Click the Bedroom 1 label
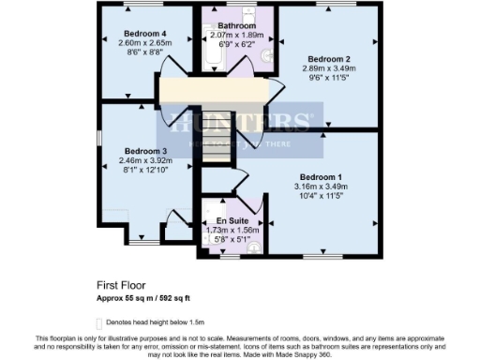321,177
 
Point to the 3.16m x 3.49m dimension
321,187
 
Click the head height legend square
101,319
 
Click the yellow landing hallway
216,92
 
